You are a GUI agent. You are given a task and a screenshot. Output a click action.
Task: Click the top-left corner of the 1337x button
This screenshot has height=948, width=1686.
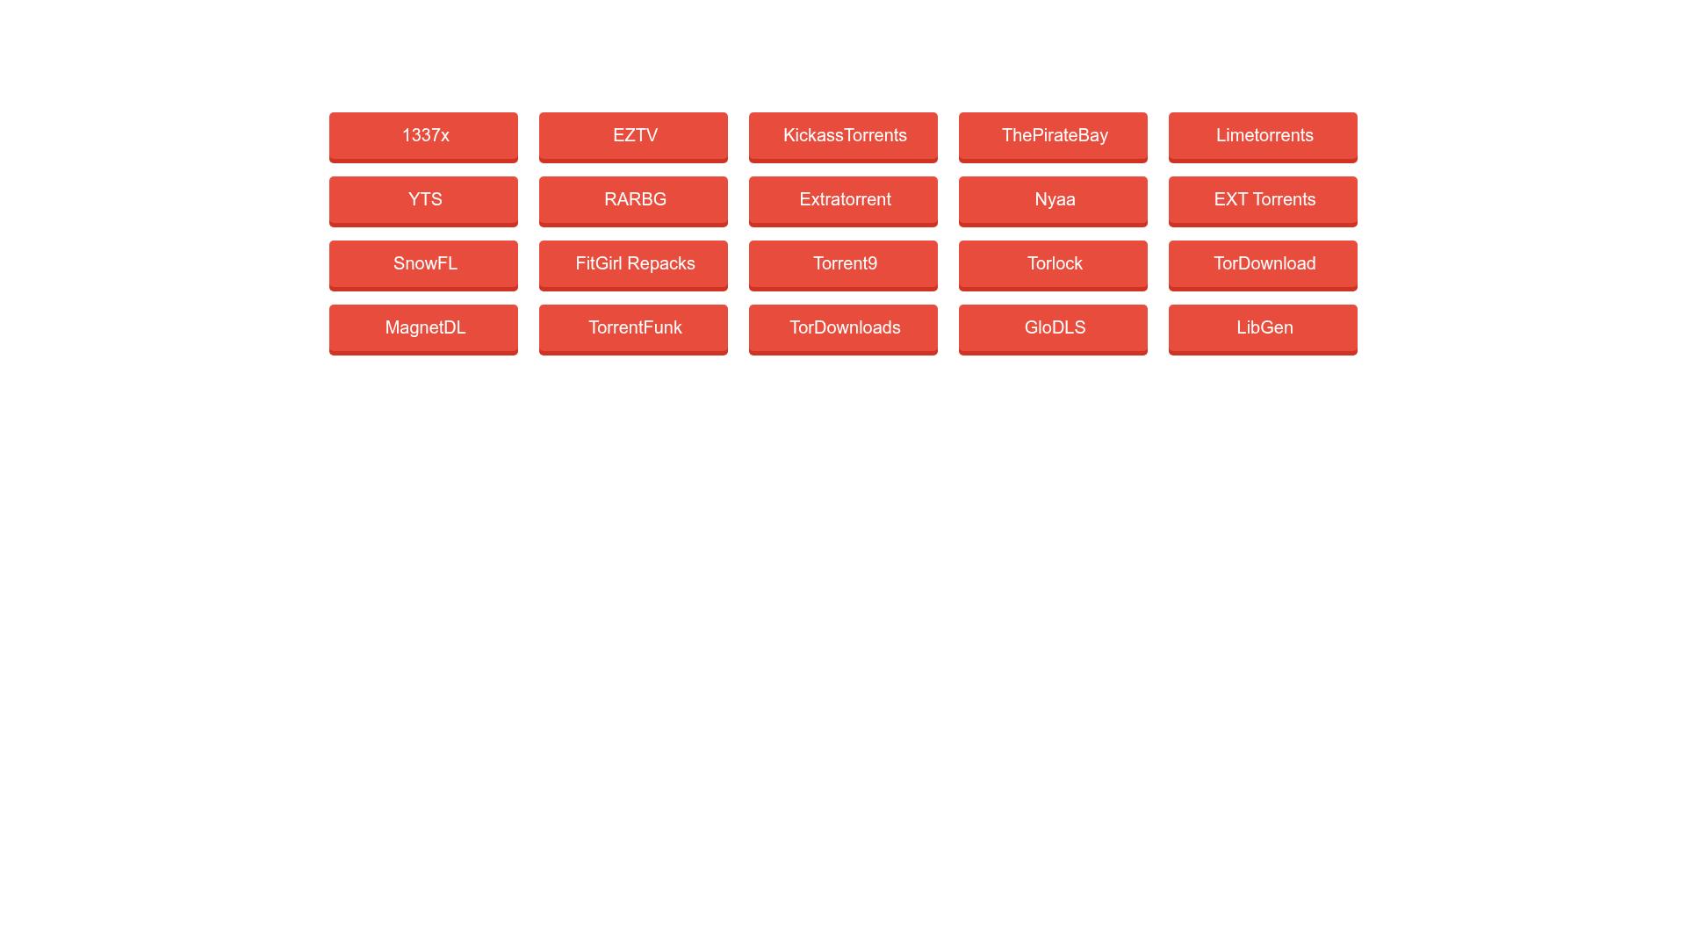(x=329, y=112)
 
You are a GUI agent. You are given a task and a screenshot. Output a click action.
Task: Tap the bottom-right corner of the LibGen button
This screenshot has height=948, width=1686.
(x=1358, y=355)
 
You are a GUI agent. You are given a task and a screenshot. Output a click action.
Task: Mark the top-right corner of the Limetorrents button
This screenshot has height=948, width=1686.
(x=1358, y=112)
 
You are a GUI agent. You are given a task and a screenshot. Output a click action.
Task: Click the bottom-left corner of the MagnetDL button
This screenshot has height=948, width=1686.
(x=329, y=355)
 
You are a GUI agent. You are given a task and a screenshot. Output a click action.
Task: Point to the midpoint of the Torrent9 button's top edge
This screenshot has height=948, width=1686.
(x=843, y=241)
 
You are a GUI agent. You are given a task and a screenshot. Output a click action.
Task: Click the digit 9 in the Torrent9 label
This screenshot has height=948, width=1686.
(x=872, y=264)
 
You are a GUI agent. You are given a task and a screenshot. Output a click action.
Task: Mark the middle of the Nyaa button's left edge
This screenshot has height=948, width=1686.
(x=959, y=202)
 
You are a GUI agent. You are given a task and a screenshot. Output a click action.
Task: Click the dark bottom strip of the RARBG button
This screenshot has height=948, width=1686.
(x=633, y=225)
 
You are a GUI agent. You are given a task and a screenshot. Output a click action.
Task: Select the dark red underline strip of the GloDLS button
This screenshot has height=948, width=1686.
(x=1053, y=353)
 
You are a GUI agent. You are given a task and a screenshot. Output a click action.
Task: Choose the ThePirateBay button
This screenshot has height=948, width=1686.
(x=1053, y=138)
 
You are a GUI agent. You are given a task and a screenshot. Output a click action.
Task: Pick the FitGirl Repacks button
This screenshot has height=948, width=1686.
(x=633, y=266)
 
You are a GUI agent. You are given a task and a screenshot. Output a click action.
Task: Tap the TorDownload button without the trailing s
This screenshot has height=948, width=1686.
(x=1263, y=266)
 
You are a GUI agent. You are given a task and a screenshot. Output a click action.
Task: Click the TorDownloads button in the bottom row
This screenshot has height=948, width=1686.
(x=843, y=330)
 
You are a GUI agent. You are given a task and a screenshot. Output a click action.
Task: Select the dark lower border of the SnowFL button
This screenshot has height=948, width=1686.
(x=423, y=289)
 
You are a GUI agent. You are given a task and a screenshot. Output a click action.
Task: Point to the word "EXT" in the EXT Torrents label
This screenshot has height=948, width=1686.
(x=1231, y=200)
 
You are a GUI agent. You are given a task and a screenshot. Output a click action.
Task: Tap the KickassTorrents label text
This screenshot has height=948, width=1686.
(x=845, y=136)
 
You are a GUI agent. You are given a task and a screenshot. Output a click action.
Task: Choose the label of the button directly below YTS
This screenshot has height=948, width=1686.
(x=425, y=264)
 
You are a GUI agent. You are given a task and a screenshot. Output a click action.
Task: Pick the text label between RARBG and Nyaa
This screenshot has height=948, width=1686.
(x=845, y=200)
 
